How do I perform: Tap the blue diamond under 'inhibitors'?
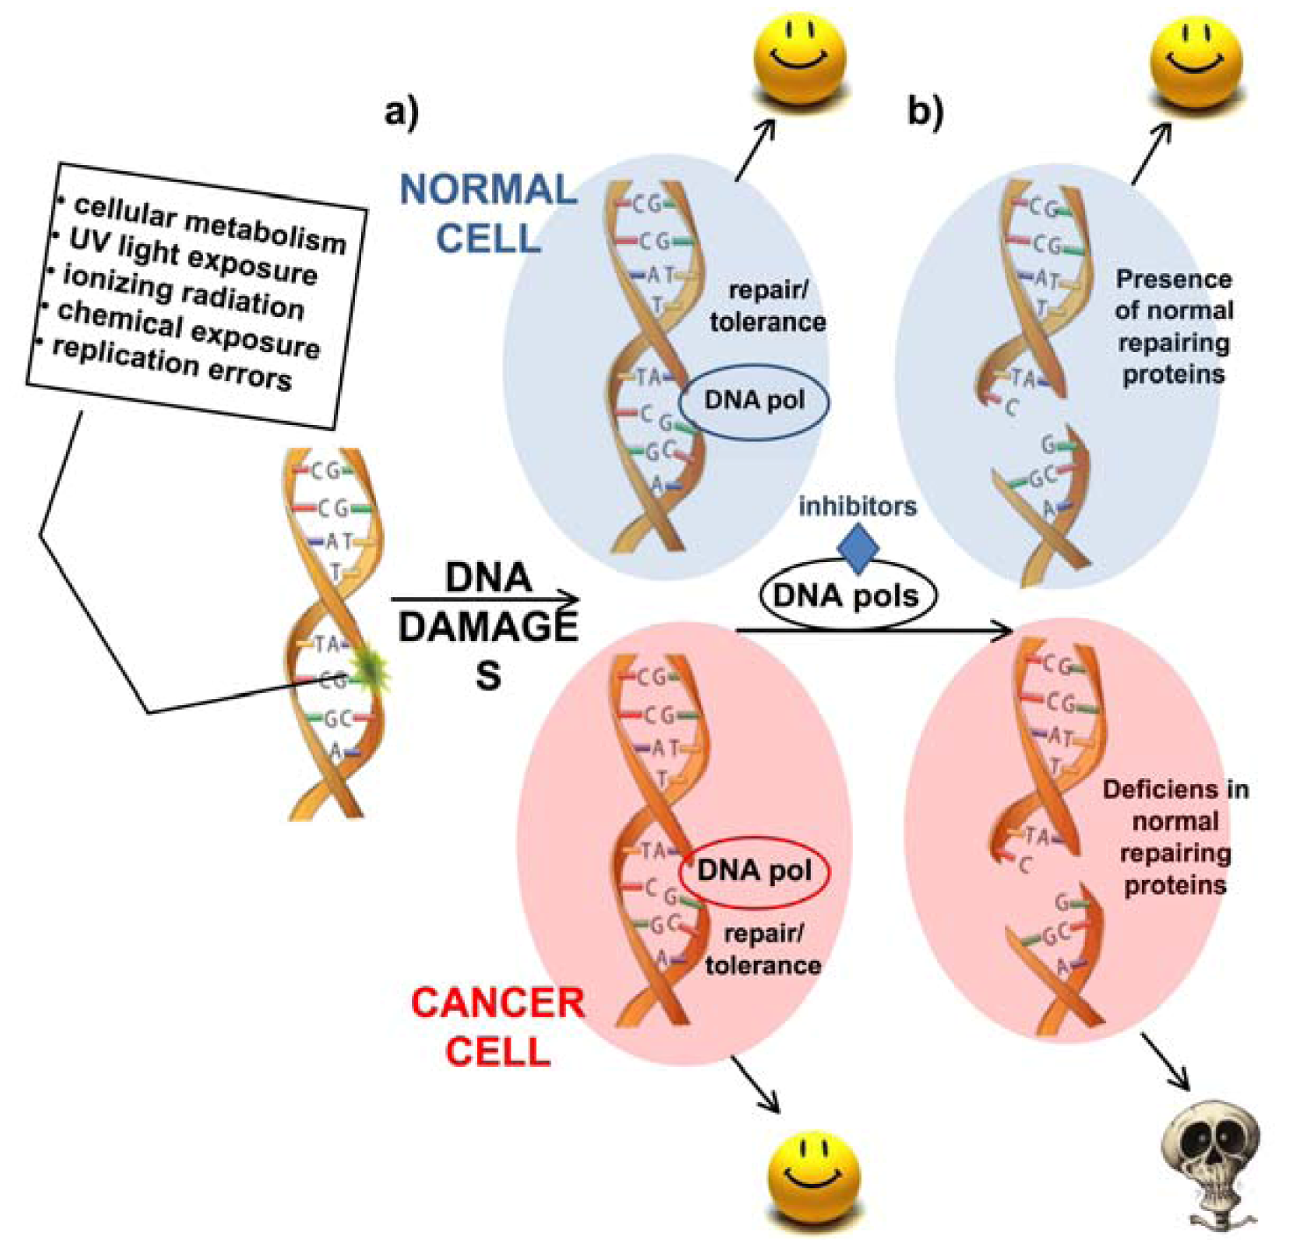pyautogui.click(x=857, y=548)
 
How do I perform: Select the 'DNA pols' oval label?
pyautogui.click(x=847, y=596)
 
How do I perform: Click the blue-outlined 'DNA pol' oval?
pyautogui.click(x=754, y=400)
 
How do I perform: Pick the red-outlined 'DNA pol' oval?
pyautogui.click(x=754, y=871)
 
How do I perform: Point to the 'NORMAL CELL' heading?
pyautogui.click(x=488, y=213)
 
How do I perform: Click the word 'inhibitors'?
pyautogui.click(x=857, y=507)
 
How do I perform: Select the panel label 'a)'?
pyautogui.click(x=402, y=112)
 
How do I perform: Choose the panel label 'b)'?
pyautogui.click(x=925, y=112)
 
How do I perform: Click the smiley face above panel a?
pyautogui.click(x=799, y=58)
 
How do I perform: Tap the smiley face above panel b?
pyautogui.click(x=1196, y=58)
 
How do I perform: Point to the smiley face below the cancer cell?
pyautogui.click(x=813, y=1174)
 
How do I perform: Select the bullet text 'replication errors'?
pyautogui.click(x=172, y=362)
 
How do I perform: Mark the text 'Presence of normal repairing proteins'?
pyautogui.click(x=1173, y=327)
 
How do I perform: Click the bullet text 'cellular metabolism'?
pyautogui.click(x=210, y=223)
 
